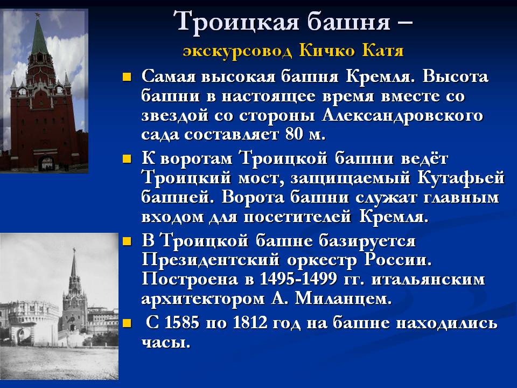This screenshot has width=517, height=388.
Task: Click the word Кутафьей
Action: pos(461,178)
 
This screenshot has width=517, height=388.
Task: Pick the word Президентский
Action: pos(211,260)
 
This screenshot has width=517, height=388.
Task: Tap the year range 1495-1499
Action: pos(298,279)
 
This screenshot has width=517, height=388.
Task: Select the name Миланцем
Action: pos(343,299)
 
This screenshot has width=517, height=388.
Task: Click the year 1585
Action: pos(181,322)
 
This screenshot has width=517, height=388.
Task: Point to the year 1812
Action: pos(250,322)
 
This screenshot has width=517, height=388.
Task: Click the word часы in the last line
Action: pos(166,343)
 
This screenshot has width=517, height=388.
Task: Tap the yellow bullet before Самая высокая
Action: pos(127,78)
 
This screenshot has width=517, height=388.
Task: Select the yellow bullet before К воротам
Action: pos(127,160)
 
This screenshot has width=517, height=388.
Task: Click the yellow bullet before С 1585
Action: pos(127,323)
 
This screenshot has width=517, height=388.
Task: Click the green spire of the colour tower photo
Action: pos(39,38)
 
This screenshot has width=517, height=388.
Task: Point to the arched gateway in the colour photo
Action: pos(46,164)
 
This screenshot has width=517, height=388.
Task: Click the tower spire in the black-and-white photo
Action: pos(74,264)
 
